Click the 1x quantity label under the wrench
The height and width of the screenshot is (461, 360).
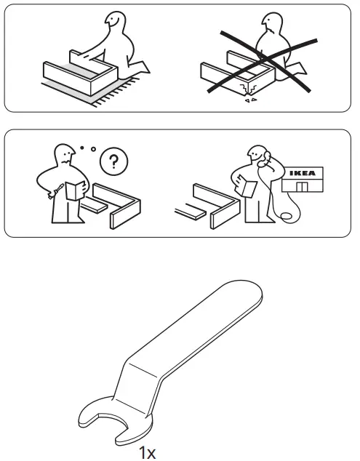(x=148, y=453)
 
